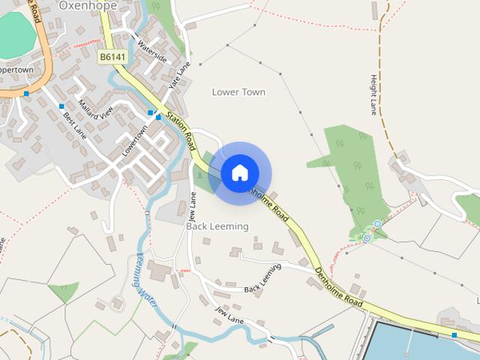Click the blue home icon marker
(240, 173)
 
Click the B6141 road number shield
(113, 56)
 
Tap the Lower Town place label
(238, 92)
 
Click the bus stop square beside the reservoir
(454, 334)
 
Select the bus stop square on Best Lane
(61, 106)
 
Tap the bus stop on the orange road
(26, 94)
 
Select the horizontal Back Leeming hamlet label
(217, 226)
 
